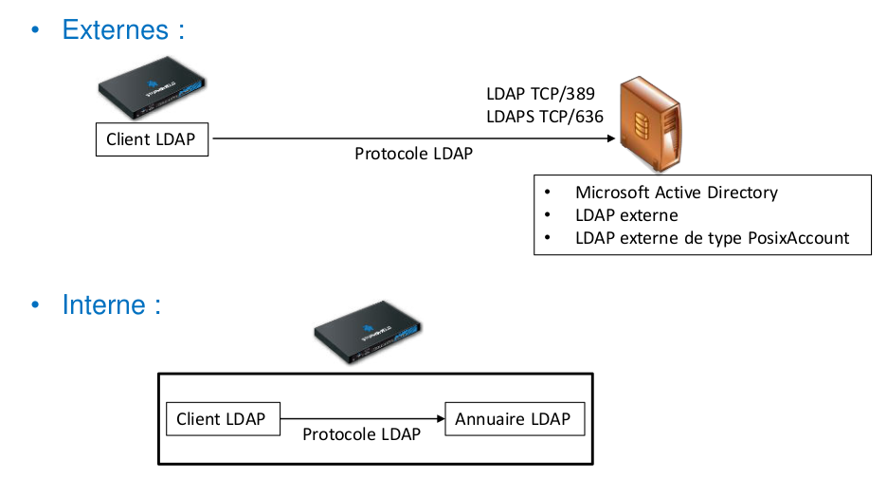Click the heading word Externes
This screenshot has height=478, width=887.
pos(116,29)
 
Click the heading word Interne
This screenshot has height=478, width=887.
pos(104,305)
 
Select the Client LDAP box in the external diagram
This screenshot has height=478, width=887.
pos(152,140)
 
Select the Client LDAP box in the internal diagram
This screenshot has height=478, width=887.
pos(222,419)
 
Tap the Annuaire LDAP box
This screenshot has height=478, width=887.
pos(514,419)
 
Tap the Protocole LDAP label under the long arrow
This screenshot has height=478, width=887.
pos(413,154)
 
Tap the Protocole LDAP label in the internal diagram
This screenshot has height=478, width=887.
pos(361,433)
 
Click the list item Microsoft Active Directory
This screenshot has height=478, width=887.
pos(676,193)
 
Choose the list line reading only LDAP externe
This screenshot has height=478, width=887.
pos(626,215)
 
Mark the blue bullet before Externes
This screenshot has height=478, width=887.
pos(36,30)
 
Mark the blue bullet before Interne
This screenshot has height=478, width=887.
pos(36,306)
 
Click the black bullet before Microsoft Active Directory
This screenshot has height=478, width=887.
pos(547,193)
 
